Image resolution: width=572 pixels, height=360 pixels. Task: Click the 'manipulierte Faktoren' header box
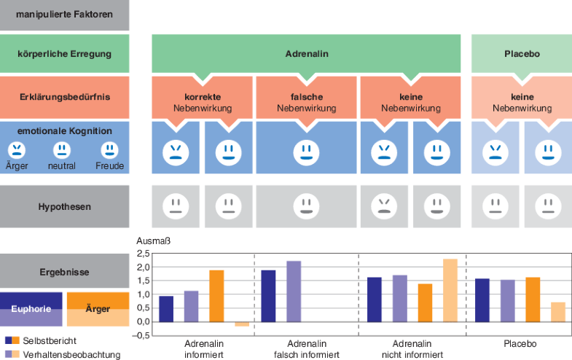(64, 14)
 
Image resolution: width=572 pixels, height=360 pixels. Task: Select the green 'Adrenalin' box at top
(305, 54)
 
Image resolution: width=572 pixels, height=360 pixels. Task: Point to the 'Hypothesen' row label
(64, 206)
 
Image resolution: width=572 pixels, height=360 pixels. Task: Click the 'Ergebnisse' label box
(64, 272)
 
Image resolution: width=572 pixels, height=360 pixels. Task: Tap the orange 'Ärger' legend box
(98, 308)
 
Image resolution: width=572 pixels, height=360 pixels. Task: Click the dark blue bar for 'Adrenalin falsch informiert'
(268, 296)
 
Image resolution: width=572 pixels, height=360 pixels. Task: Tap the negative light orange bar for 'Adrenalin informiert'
(241, 324)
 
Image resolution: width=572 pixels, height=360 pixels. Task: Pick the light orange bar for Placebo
(557, 312)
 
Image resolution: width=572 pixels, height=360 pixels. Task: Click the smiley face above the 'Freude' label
(109, 150)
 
